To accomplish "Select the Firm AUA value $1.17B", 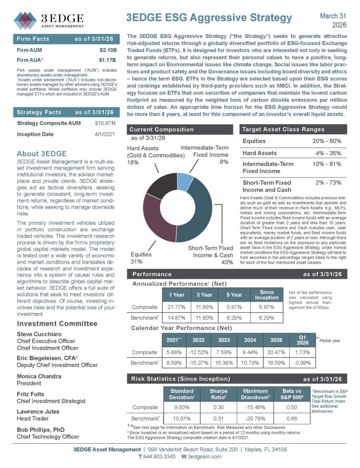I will click(108, 60).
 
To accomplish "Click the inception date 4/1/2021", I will click(106, 134).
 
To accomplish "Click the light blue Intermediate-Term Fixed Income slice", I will click(185, 181).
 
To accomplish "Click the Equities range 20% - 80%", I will click(327, 141).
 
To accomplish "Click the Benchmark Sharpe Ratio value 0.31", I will click(218, 419).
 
